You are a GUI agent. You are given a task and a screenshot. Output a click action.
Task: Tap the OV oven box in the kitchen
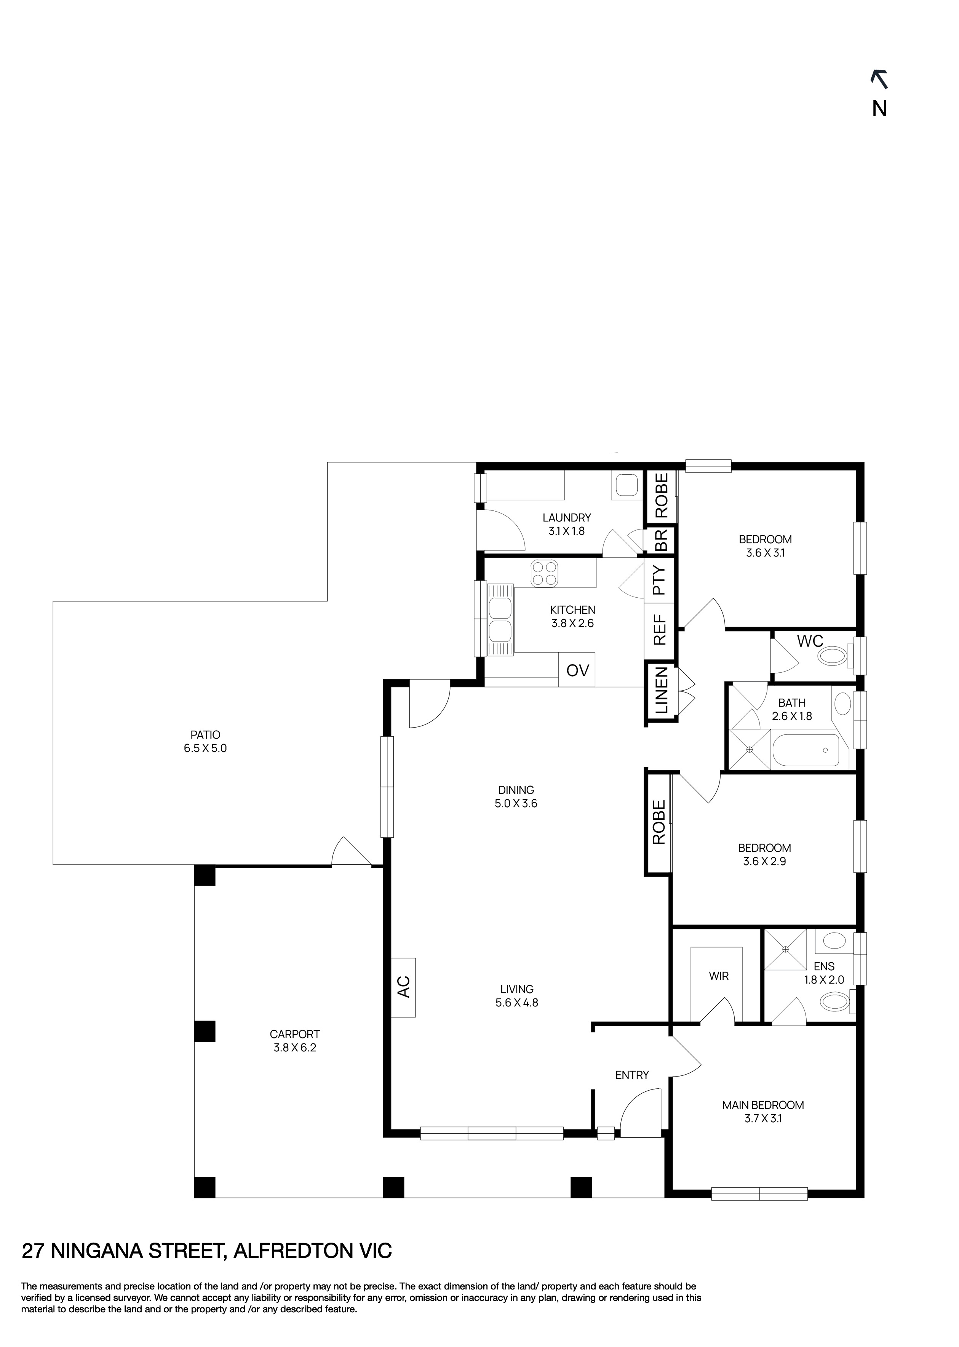577,670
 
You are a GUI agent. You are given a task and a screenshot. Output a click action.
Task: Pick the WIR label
719,976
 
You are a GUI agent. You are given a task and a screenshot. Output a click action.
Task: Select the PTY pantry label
660,581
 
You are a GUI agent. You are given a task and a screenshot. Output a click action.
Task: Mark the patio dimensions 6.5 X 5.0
205,748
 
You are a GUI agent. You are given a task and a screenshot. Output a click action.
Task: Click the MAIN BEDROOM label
763,1105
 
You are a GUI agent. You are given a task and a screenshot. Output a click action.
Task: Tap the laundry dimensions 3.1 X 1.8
566,531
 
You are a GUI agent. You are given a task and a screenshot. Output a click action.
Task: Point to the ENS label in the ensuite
824,967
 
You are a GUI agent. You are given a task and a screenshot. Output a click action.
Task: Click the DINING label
516,790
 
